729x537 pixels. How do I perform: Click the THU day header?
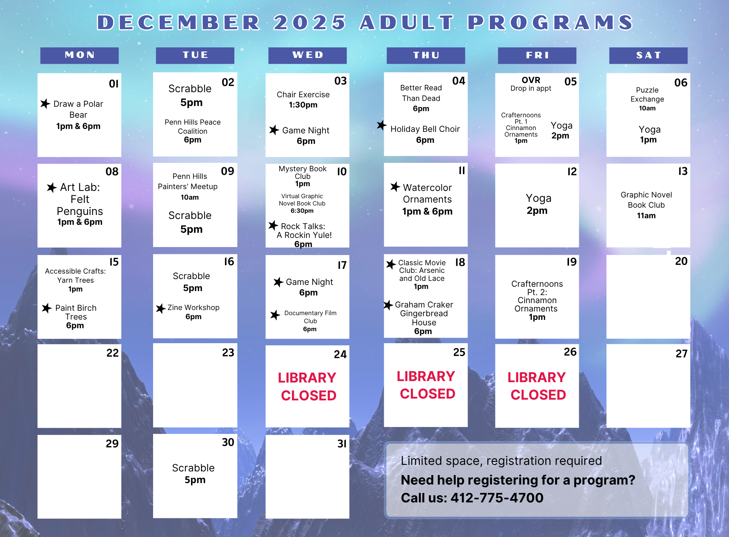[426, 55]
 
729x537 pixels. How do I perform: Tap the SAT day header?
[648, 55]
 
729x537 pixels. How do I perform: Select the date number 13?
[683, 171]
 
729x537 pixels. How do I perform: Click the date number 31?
[342, 443]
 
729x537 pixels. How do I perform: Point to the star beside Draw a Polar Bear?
[45, 104]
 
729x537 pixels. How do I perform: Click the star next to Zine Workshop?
[161, 309]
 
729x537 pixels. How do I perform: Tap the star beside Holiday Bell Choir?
[382, 125]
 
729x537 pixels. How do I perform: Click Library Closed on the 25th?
[426, 385]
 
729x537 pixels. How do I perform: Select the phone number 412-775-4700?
[497, 498]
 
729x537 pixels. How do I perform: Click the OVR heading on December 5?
[531, 80]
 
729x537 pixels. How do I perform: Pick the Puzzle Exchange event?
[647, 99]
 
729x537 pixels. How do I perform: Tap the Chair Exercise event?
[303, 99]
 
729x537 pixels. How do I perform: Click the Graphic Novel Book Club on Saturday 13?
[646, 205]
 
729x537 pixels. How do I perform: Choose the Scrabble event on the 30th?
[194, 474]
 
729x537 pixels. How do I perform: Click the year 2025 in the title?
[310, 22]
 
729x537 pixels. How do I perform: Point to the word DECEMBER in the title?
[179, 22]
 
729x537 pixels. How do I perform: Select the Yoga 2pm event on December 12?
[538, 204]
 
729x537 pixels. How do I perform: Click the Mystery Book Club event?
[303, 176]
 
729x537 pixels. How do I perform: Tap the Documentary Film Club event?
[310, 321]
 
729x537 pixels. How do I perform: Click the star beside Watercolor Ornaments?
[395, 187]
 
